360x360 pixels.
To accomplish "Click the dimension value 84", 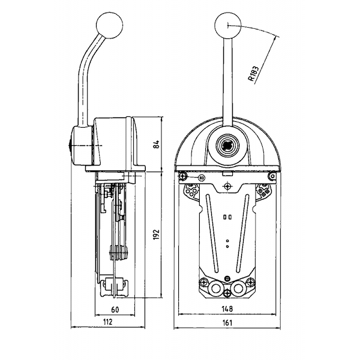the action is pyautogui.click(x=157, y=144).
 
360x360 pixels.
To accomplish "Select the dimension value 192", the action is pyautogui.click(x=157, y=234).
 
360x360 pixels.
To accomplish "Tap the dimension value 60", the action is pyautogui.click(x=115, y=310).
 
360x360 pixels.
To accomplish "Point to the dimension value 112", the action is pyautogui.click(x=107, y=322).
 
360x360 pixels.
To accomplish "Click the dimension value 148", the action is pyautogui.click(x=227, y=309).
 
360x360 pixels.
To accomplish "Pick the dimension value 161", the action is pyautogui.click(x=227, y=323).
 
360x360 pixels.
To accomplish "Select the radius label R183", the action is pyautogui.click(x=253, y=74).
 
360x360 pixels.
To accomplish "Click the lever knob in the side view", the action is pyautogui.click(x=110, y=25).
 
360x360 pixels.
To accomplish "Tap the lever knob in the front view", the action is pyautogui.click(x=228, y=25).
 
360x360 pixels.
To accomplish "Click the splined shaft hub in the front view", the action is pyautogui.click(x=227, y=145).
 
